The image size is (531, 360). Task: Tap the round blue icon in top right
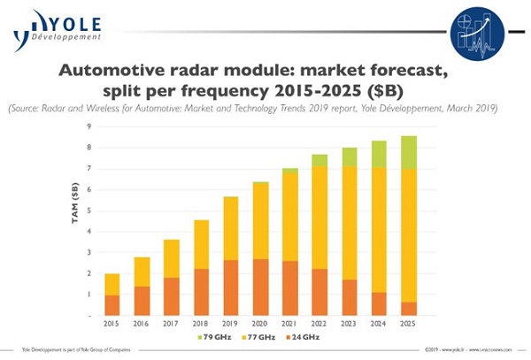tap(477, 32)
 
